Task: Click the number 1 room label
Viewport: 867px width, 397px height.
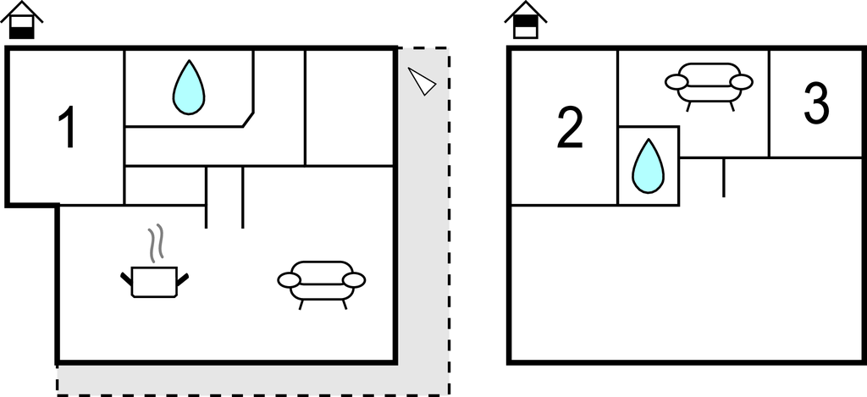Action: (x=66, y=130)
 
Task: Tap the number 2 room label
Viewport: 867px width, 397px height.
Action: (x=570, y=130)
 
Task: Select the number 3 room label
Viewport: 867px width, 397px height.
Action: (x=815, y=103)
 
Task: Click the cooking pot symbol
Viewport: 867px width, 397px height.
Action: (x=154, y=281)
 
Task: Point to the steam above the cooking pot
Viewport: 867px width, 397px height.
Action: (x=154, y=244)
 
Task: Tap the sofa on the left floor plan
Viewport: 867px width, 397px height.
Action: (x=322, y=281)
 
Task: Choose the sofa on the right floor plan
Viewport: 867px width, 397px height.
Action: (x=709, y=83)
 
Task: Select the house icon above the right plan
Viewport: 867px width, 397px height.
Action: (x=526, y=20)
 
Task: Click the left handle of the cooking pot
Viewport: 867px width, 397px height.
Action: (x=127, y=276)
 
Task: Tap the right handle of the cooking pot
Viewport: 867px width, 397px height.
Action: (x=182, y=276)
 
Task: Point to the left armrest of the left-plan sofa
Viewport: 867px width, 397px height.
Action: (x=290, y=279)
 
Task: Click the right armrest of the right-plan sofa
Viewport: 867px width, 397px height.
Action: (x=741, y=82)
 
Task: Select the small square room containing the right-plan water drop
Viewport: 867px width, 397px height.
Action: (x=649, y=166)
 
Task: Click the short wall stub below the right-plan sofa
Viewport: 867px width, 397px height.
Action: (x=723, y=177)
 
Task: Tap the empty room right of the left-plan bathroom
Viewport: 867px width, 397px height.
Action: (x=350, y=106)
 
